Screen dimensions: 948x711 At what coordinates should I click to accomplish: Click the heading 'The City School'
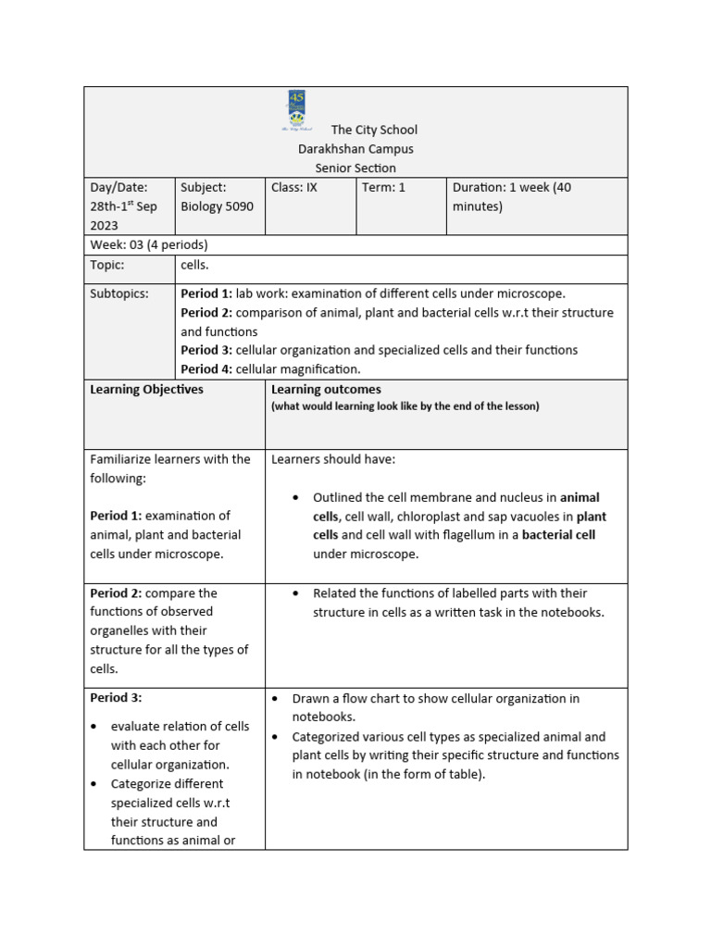(x=374, y=130)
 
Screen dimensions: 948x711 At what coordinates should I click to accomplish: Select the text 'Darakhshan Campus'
(x=355, y=149)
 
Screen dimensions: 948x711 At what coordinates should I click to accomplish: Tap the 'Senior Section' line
(x=355, y=168)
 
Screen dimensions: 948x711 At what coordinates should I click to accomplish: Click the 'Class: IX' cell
(x=294, y=187)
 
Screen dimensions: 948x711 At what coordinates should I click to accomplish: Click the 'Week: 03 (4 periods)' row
(x=148, y=245)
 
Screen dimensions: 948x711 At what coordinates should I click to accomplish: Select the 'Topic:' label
(x=106, y=265)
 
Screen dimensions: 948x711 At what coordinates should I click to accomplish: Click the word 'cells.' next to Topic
(x=195, y=265)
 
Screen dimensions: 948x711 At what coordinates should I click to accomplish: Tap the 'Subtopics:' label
(x=118, y=293)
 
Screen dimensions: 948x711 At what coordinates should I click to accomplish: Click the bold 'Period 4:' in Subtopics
(x=206, y=369)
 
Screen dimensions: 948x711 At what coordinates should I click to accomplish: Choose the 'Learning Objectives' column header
(x=146, y=390)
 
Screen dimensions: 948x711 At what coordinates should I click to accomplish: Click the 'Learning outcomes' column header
(x=326, y=390)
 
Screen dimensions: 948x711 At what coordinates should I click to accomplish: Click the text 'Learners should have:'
(x=333, y=459)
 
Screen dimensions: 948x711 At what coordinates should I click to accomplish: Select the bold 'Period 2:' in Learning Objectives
(x=116, y=593)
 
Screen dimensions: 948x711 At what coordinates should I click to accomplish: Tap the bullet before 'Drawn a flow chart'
(x=275, y=699)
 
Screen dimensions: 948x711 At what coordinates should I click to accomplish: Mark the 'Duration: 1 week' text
(x=511, y=187)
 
